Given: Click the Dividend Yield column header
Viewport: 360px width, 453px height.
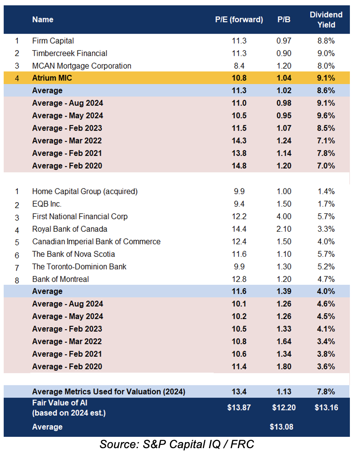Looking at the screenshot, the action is coord(326,20).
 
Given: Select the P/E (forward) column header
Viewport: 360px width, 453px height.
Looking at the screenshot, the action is coord(239,20).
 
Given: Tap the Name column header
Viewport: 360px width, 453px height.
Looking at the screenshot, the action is coord(43,20).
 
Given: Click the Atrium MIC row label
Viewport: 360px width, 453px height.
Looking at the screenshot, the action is coord(52,78).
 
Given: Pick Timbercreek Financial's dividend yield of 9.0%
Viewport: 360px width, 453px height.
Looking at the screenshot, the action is coord(326,53).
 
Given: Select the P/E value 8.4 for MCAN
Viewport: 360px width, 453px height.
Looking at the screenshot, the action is coord(239,66).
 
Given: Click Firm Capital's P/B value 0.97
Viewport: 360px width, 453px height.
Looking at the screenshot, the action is coord(284,41).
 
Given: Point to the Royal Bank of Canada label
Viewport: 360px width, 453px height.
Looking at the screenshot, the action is coord(70,229).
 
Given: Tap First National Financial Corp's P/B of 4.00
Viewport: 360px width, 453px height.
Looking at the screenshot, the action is coord(284,217).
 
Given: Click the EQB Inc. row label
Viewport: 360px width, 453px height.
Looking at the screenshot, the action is coord(47,204).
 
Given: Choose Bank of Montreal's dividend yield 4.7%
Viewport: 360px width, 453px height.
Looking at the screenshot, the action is coord(326,279).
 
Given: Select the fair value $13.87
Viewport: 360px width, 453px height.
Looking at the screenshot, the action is coord(239,408).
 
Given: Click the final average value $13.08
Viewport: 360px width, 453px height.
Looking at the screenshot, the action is coord(282,427).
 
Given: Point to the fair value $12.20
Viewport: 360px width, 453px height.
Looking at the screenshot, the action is coord(284,408).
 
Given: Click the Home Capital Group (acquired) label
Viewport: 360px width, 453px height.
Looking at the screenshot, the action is coord(85,192).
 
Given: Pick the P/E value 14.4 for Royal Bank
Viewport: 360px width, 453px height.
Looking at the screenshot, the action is coord(239,229).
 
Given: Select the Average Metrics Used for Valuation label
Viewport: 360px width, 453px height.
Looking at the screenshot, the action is coord(109,392).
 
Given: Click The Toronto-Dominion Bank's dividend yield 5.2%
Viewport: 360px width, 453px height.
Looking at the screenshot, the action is coord(326,267).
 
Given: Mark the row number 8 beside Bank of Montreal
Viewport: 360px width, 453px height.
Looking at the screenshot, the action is coord(17,280).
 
